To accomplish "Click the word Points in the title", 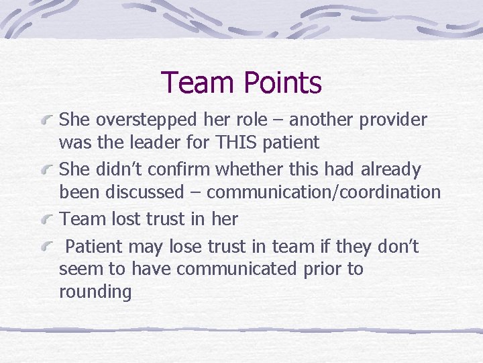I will (283, 83).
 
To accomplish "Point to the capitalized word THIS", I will (233, 143).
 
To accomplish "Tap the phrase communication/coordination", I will (323, 192).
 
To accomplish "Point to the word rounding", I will (95, 292).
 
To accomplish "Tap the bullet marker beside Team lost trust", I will (48, 219).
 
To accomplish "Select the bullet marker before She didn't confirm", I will (48, 170).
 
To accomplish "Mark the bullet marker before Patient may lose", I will (48, 247).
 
